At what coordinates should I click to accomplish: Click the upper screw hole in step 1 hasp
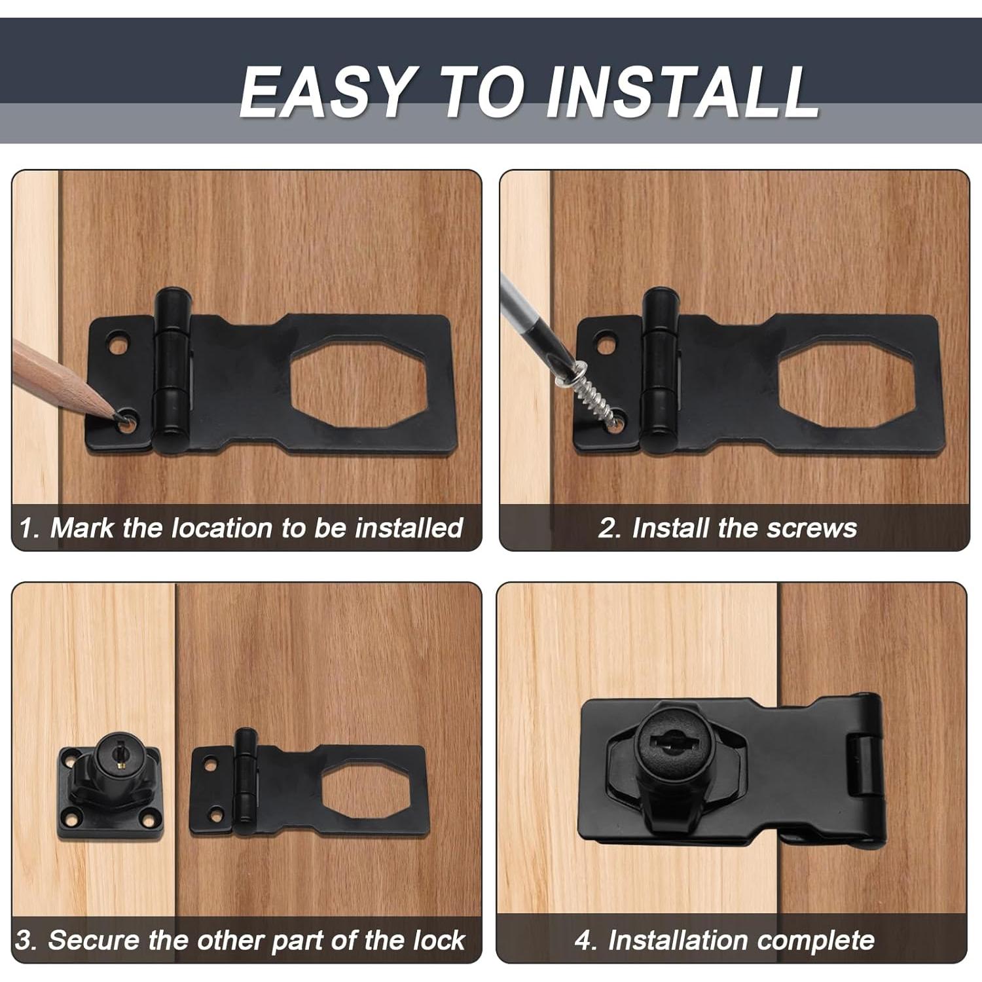118,343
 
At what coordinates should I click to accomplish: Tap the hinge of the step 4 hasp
867,766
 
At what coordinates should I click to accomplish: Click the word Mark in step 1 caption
82,528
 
